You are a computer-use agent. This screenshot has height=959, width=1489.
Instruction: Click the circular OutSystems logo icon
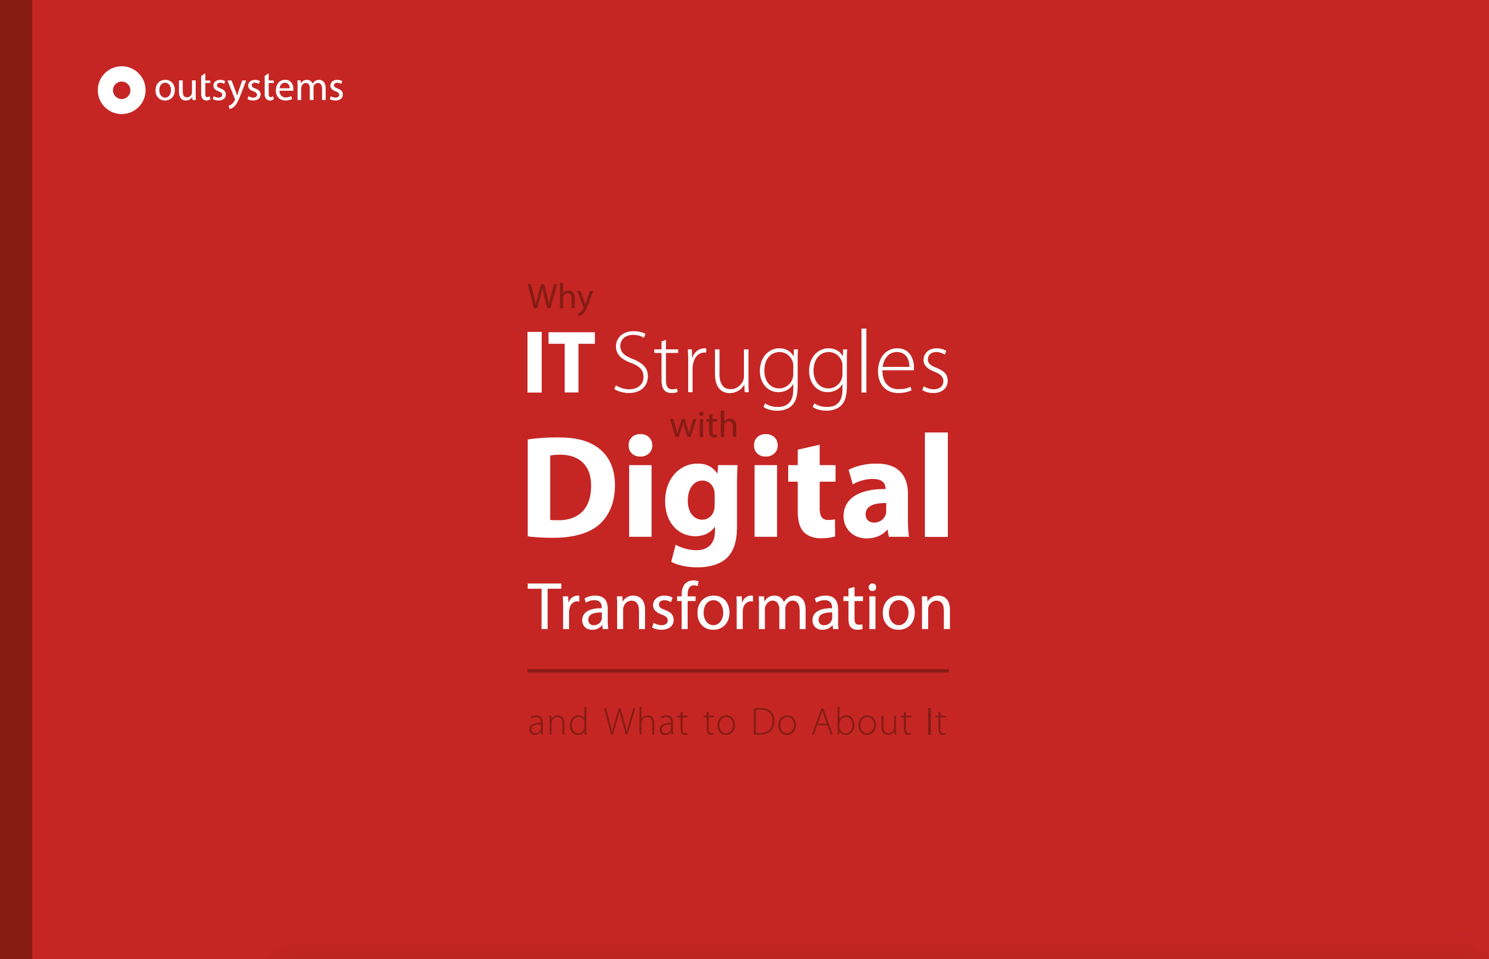click(x=121, y=90)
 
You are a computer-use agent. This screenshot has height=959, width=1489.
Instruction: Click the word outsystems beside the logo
click(x=249, y=90)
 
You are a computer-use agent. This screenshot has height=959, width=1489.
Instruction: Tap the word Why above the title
click(x=560, y=299)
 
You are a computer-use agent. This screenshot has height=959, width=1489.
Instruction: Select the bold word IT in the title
click(x=561, y=362)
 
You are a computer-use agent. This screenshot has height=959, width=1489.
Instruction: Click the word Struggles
click(x=781, y=369)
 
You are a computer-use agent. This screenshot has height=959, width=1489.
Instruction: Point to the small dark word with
click(x=704, y=425)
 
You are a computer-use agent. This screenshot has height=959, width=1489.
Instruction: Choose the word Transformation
click(x=739, y=606)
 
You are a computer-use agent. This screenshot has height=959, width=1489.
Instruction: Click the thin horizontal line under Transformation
click(x=737, y=671)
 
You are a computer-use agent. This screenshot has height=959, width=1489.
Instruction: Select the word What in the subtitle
click(x=646, y=721)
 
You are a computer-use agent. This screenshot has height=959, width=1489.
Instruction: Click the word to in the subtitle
click(x=719, y=723)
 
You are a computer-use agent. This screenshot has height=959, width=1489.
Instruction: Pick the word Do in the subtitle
click(x=775, y=721)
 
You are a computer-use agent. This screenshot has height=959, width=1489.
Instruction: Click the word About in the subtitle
click(x=862, y=721)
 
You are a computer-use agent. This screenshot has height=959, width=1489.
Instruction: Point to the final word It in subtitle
click(x=937, y=721)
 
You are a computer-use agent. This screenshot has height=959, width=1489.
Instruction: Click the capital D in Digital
click(x=571, y=488)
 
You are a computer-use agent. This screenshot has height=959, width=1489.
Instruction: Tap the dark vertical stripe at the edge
click(x=16, y=480)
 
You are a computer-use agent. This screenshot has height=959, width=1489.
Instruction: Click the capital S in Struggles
click(x=631, y=362)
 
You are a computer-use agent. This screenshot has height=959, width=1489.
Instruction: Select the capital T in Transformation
click(x=544, y=606)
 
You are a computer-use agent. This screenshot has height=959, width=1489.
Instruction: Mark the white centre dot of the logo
click(x=121, y=90)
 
